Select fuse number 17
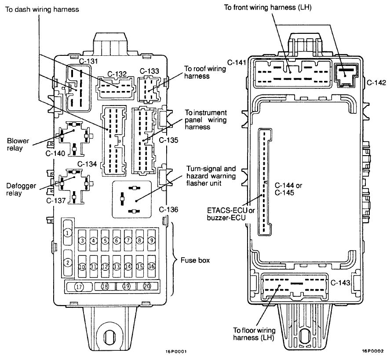click(x=79, y=287)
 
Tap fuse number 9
click(x=151, y=240)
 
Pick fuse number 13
click(x=117, y=266)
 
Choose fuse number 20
click(x=147, y=287)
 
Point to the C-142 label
click(x=376, y=82)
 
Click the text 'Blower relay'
click(x=18, y=145)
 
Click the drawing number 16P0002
click(x=373, y=352)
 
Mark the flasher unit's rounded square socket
click(x=131, y=199)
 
